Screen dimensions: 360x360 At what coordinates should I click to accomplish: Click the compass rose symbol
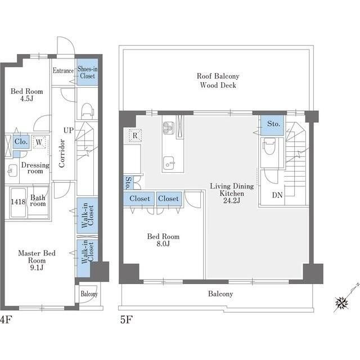pyautogui.click(x=341, y=303)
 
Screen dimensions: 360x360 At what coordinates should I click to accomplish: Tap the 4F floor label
pyautogui.click(x=6, y=319)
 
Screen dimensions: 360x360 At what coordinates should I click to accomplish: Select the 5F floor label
pyautogui.click(x=126, y=319)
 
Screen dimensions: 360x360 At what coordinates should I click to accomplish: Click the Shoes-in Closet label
pyautogui.click(x=87, y=72)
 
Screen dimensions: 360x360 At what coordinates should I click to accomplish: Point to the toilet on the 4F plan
pyautogui.click(x=87, y=111)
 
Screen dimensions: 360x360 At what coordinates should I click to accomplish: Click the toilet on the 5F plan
pyautogui.click(x=269, y=146)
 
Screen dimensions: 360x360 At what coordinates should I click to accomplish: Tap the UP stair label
pyautogui.click(x=69, y=130)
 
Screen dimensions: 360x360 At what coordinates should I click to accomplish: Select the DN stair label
pyautogui.click(x=277, y=195)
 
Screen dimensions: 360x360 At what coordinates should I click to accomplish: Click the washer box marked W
pyautogui.click(x=39, y=142)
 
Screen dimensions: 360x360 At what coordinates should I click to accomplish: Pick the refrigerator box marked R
pyautogui.click(x=135, y=136)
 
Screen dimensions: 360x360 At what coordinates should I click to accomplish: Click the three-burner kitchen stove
pyautogui.click(x=169, y=128)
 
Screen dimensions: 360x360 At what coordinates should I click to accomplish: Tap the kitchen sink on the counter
pyautogui.click(x=169, y=163)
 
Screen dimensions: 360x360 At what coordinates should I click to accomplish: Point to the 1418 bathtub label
pyautogui.click(x=18, y=202)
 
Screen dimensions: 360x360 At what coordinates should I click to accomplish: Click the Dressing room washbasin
pyautogui.click(x=12, y=170)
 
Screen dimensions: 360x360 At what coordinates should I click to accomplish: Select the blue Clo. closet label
pyautogui.click(x=21, y=141)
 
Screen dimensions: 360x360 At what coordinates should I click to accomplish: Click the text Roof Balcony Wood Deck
pyautogui.click(x=218, y=80)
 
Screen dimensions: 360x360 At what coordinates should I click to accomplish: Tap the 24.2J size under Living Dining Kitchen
pyautogui.click(x=232, y=201)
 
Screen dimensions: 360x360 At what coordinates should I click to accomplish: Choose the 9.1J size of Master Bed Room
pyautogui.click(x=37, y=268)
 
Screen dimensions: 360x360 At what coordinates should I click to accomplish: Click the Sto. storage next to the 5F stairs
pyautogui.click(x=273, y=124)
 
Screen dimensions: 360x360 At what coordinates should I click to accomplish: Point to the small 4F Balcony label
pyautogui.click(x=89, y=294)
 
